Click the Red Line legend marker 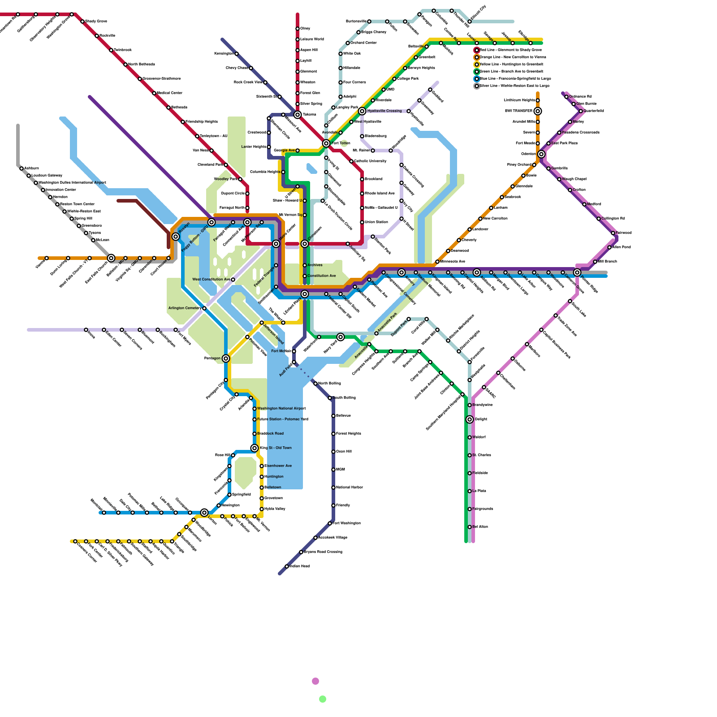477,50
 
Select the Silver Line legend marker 477,86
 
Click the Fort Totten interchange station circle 326,143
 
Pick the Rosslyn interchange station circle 176,237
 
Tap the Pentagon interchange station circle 226,358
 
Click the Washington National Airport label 281,409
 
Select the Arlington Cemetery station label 185,308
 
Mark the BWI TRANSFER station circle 538,111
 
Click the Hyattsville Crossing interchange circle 362,111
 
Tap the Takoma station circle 298,115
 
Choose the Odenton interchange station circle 541,154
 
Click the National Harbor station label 349,488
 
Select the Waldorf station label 479,437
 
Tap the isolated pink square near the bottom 315,681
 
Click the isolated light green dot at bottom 323,699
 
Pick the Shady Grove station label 96,22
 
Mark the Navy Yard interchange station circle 341,337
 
